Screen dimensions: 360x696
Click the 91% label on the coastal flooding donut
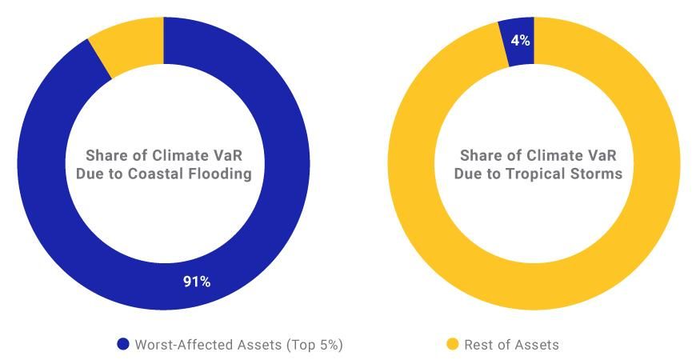[x=196, y=282]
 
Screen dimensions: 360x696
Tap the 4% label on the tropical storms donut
[x=521, y=40]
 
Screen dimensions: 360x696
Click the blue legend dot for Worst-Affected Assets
[x=122, y=345]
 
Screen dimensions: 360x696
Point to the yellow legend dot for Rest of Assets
[x=452, y=345]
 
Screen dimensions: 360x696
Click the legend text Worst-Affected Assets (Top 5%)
[x=238, y=345]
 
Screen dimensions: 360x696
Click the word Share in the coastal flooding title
[x=106, y=154]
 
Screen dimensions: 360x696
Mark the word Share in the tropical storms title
[x=478, y=154]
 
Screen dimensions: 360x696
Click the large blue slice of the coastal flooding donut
[x=48, y=200]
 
